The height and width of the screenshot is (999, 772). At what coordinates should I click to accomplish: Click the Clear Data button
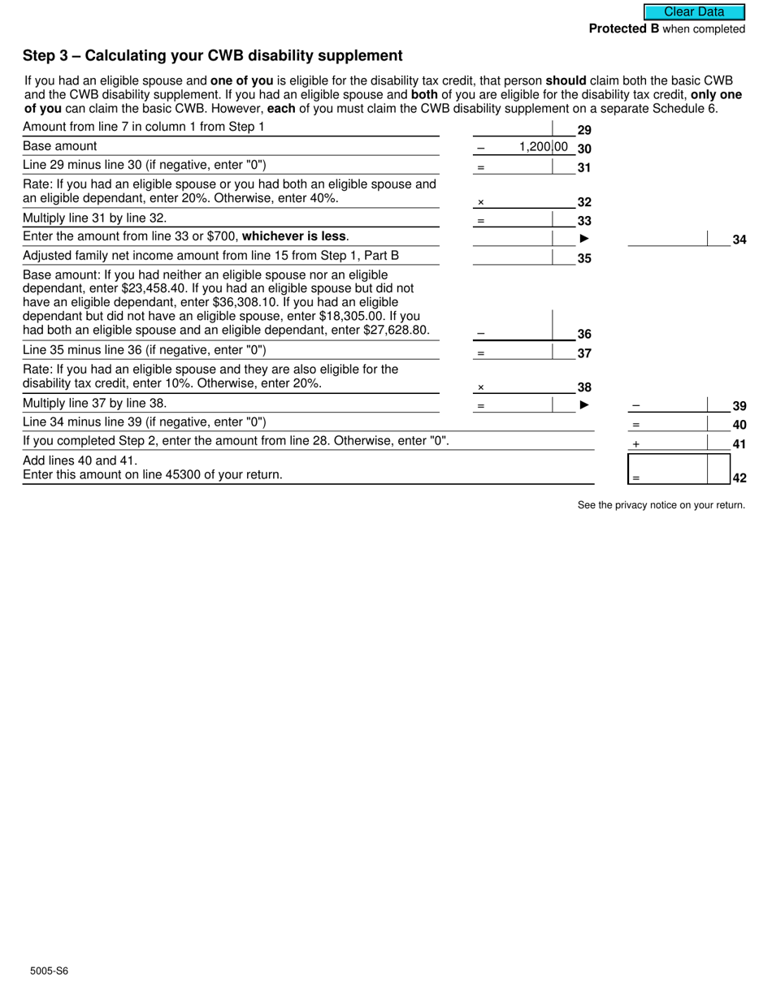[x=694, y=12]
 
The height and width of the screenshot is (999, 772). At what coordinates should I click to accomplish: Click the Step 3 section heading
[x=213, y=56]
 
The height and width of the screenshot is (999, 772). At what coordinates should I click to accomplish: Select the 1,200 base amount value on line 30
[x=534, y=147]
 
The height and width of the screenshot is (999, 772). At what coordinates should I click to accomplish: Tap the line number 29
[x=583, y=130]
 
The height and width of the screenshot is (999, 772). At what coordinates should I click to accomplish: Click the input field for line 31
[x=520, y=166]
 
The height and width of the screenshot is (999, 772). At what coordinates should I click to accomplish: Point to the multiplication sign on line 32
[x=480, y=203]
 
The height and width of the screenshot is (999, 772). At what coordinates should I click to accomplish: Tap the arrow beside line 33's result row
[x=583, y=238]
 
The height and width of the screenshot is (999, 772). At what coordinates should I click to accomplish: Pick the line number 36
[x=583, y=335]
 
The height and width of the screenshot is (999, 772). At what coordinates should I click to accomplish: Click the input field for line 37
[x=520, y=352]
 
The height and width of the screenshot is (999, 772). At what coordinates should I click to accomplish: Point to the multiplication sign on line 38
[x=480, y=388]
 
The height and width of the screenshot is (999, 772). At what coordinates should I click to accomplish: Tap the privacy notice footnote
[x=661, y=505]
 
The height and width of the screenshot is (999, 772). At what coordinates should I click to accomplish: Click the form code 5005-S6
[x=50, y=971]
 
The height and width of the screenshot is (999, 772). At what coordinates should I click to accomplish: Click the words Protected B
[x=623, y=29]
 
